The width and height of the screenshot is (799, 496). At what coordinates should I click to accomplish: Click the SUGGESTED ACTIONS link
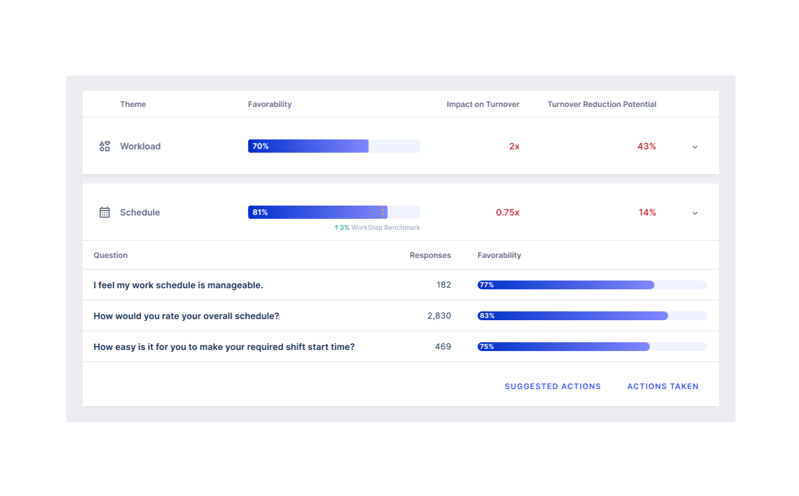(x=552, y=386)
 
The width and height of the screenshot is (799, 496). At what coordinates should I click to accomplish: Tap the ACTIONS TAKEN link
(x=663, y=386)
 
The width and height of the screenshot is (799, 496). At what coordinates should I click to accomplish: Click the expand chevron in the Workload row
(x=695, y=147)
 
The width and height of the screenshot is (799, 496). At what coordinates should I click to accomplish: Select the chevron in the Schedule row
(x=695, y=213)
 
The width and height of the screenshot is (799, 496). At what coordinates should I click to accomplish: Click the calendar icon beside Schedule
(x=104, y=212)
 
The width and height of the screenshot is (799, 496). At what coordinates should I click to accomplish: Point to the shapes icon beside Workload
(x=104, y=146)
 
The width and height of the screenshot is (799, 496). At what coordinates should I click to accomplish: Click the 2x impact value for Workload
(x=514, y=146)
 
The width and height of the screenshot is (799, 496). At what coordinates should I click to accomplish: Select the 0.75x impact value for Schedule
(x=507, y=212)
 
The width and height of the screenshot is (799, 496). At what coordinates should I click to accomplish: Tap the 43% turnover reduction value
(x=646, y=146)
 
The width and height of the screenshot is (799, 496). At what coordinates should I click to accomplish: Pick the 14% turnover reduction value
(x=647, y=212)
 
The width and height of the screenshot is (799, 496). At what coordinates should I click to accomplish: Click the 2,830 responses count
(x=439, y=316)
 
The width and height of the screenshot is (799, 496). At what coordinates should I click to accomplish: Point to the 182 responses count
(x=444, y=285)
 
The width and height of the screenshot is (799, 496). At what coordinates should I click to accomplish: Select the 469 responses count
(x=443, y=347)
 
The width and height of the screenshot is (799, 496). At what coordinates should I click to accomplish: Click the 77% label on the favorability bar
(x=487, y=285)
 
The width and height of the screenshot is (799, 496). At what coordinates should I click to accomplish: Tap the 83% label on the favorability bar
(x=487, y=316)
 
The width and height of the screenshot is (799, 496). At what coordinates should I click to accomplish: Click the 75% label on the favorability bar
(x=487, y=347)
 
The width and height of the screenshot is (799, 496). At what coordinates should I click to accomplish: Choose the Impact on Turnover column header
(x=483, y=104)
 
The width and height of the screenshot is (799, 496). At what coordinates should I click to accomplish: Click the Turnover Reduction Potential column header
(x=601, y=104)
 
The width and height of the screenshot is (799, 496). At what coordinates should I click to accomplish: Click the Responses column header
(x=430, y=255)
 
